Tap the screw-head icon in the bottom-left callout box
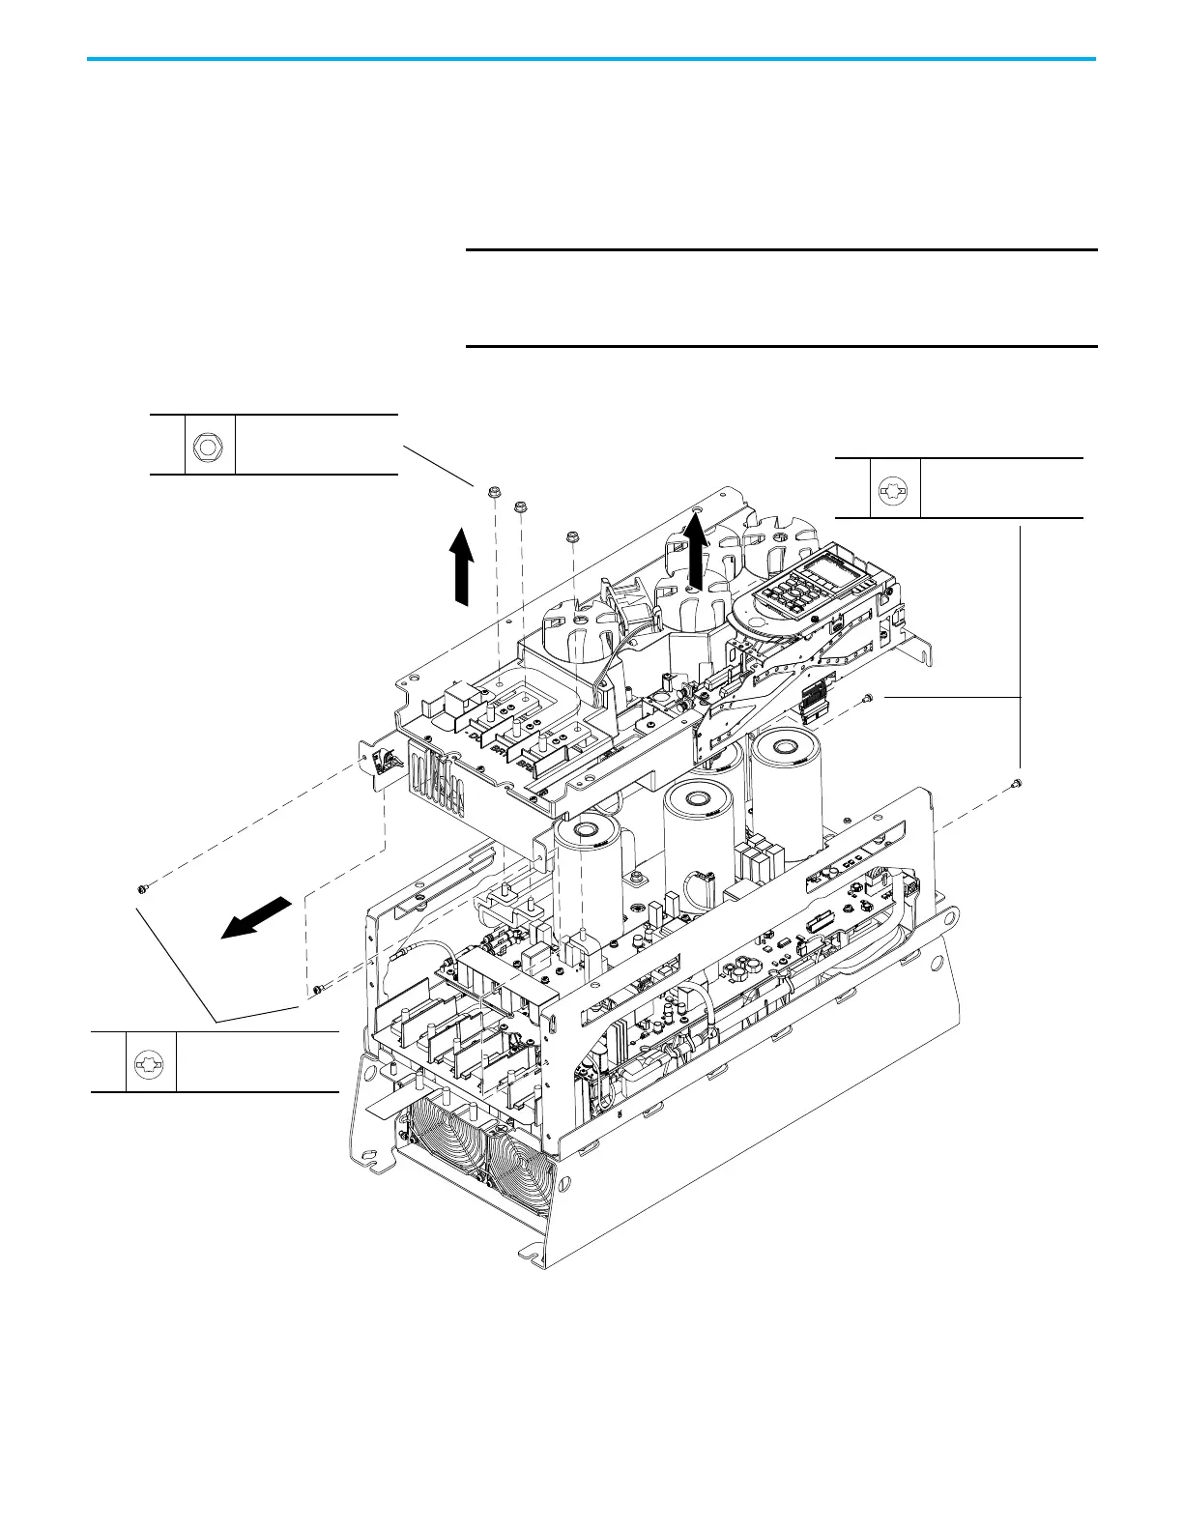pos(151,1063)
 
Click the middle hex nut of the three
pos(521,506)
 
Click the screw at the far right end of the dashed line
pos(1018,784)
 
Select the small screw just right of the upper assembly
pos(868,698)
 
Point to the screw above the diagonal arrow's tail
pos(142,887)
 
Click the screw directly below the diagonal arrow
pos(317,989)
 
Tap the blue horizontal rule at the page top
pos(591,60)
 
